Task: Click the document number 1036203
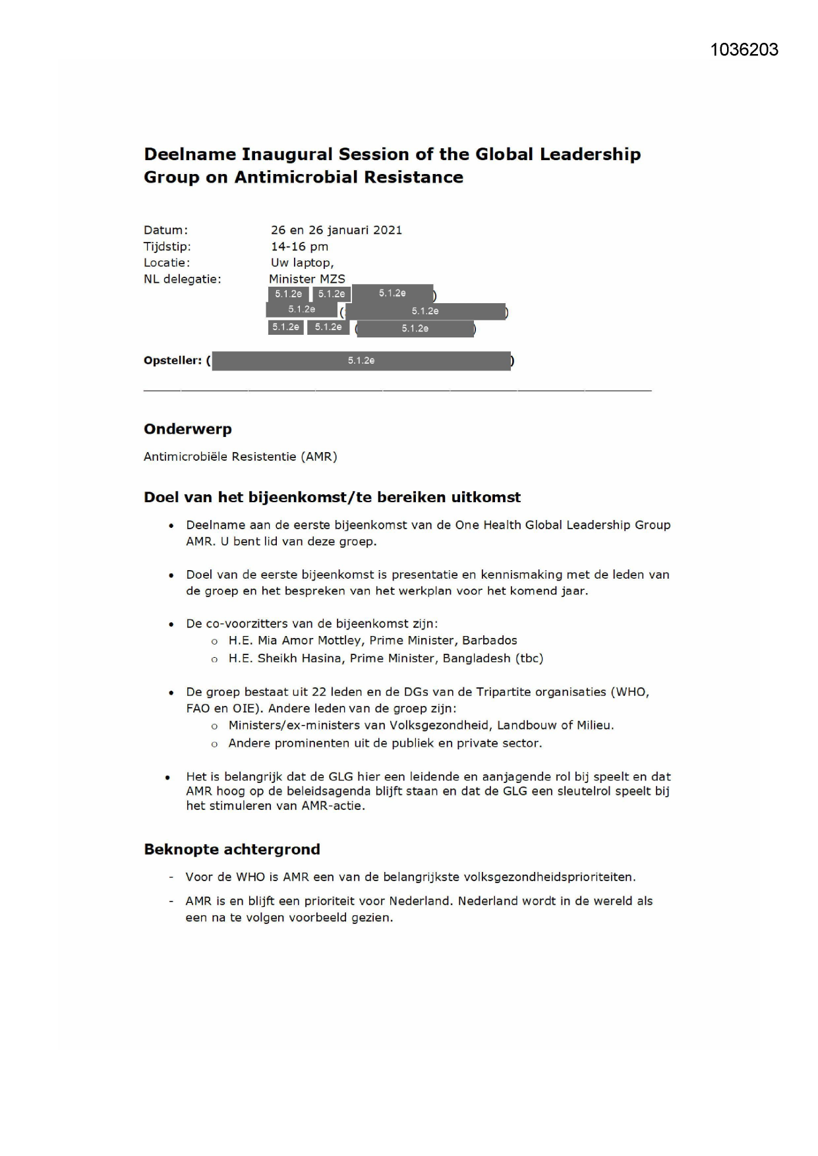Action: coord(744,50)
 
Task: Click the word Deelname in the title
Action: coord(190,154)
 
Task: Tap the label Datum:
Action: coord(165,230)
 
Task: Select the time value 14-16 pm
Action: coord(299,246)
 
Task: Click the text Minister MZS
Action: coord(307,279)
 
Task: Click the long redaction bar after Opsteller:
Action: coord(361,361)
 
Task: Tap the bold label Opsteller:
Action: coord(173,361)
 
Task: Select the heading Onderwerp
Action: coord(188,429)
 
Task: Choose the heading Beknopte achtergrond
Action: coord(232,850)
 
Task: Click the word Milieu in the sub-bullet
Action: coord(593,726)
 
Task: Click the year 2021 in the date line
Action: coord(388,230)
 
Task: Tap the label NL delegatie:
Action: coord(183,279)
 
